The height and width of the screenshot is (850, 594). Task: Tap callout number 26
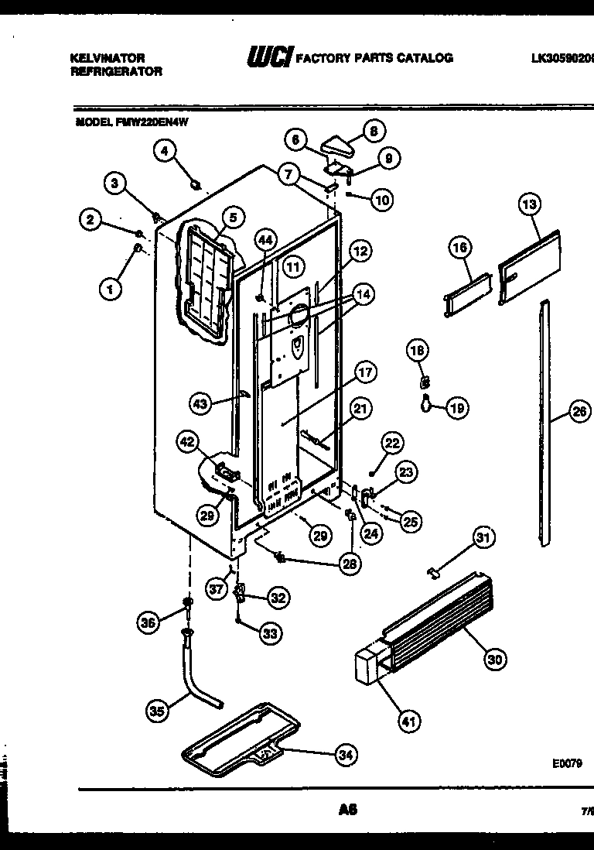pyautogui.click(x=579, y=412)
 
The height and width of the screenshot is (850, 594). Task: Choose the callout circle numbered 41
pyautogui.click(x=408, y=721)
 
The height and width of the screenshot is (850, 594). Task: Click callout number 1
pyautogui.click(x=111, y=290)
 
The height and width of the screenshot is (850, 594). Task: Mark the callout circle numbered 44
pyautogui.click(x=266, y=241)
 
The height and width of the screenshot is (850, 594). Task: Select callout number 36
pyautogui.click(x=148, y=620)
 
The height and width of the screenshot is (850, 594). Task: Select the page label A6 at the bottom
pyautogui.click(x=347, y=811)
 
